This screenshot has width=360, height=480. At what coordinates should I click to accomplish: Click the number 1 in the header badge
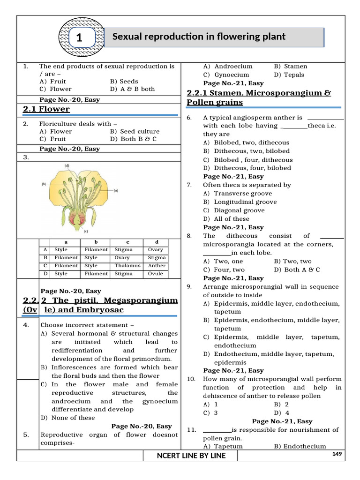pos(79,38)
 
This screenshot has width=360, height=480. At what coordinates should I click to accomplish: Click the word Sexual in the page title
pos(127,37)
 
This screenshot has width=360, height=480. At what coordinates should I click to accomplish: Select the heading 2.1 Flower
pos(46,109)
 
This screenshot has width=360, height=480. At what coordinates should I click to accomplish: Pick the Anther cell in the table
pos(157,266)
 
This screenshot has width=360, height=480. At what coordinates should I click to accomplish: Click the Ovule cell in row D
pos(156,274)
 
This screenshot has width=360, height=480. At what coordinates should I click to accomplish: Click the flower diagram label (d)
pos(67,165)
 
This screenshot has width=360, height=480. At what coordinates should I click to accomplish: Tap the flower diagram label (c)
pos(86,231)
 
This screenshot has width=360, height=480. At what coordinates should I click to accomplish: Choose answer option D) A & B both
pos(132,89)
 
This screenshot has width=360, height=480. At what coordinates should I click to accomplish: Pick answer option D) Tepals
pos(289,75)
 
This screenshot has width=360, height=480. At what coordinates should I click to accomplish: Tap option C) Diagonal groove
pos(233,210)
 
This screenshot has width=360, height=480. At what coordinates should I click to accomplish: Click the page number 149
pos(337,454)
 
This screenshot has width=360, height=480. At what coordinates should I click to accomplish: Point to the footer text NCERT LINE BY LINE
pos(191,456)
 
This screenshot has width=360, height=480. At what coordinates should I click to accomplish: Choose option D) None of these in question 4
pos(67,418)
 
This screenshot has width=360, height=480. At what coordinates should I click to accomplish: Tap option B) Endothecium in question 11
pos(300,447)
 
